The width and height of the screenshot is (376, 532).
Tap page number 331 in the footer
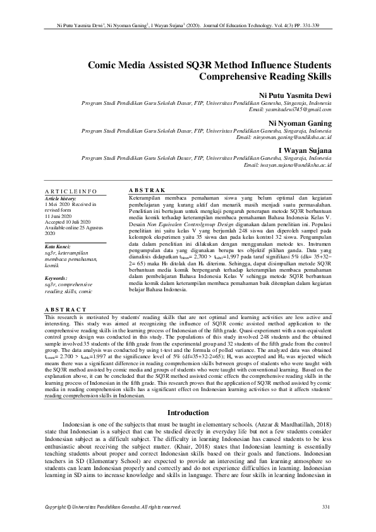326,507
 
